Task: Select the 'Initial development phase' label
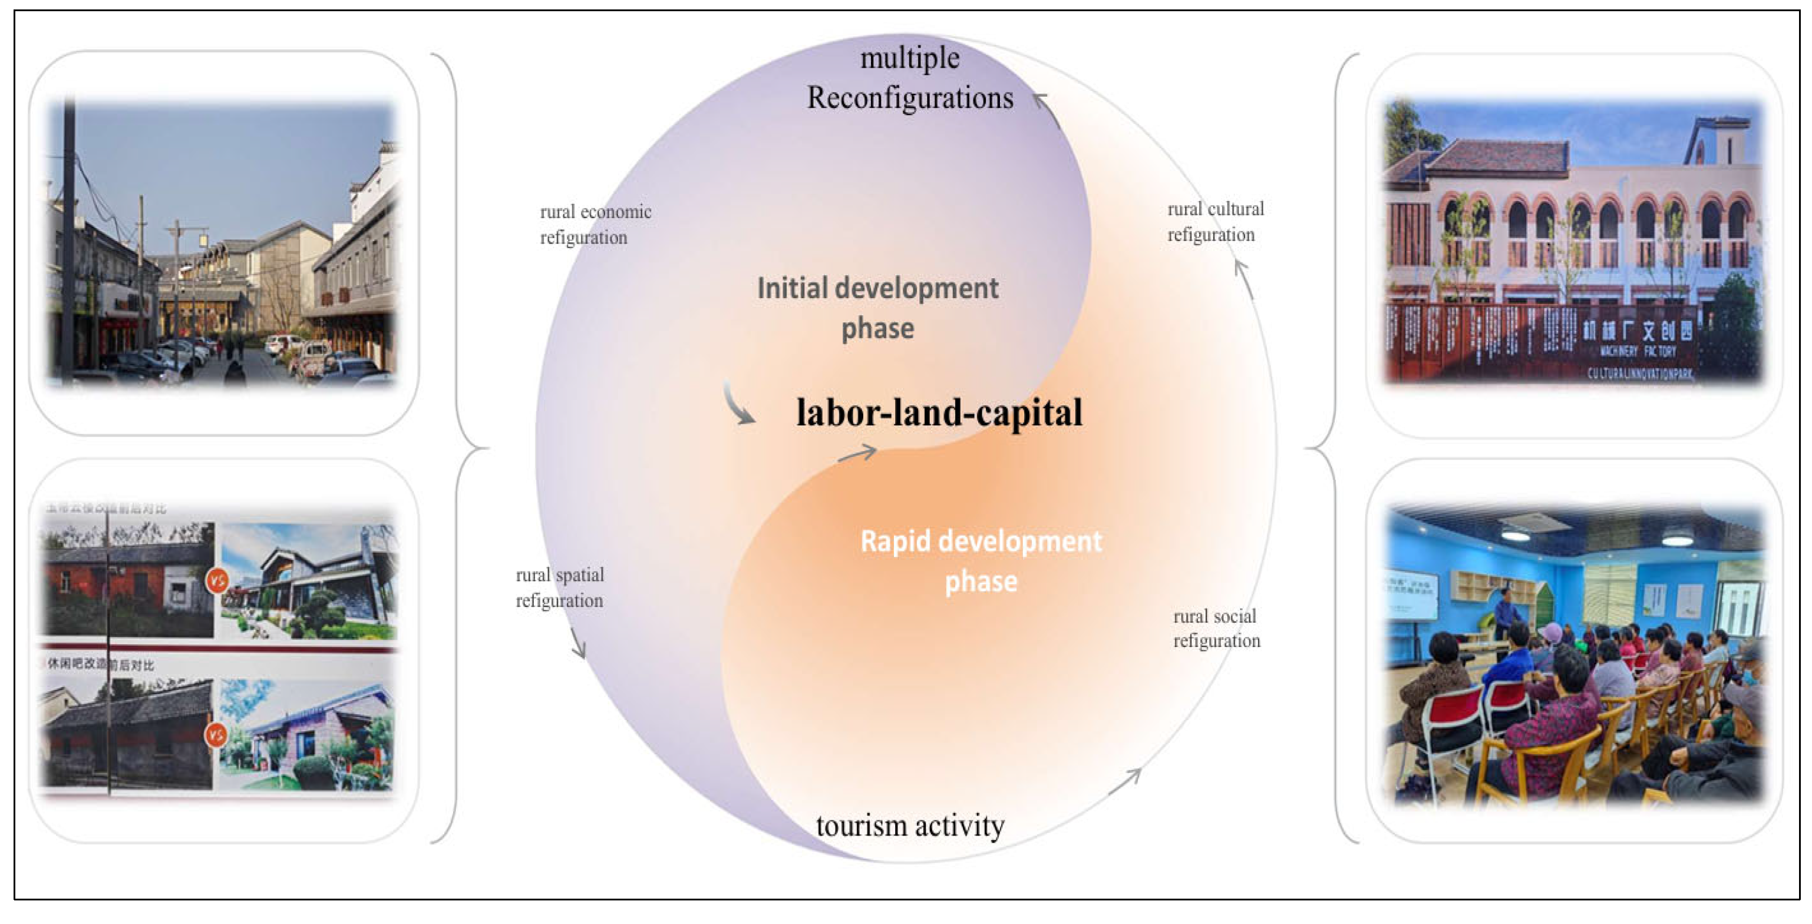tap(877, 308)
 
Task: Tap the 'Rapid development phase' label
tap(981, 561)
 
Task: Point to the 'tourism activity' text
tap(909, 825)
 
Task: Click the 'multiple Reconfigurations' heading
tap(909, 78)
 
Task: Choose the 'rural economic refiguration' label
tap(595, 225)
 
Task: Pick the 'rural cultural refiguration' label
tap(1215, 222)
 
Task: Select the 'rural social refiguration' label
tap(1216, 628)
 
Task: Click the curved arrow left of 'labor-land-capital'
tap(738, 404)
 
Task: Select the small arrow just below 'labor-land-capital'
tap(857, 454)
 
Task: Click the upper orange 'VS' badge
tap(217, 581)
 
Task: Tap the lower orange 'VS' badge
tap(215, 735)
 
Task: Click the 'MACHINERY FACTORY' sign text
tap(1638, 351)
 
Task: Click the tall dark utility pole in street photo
tap(69, 239)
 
